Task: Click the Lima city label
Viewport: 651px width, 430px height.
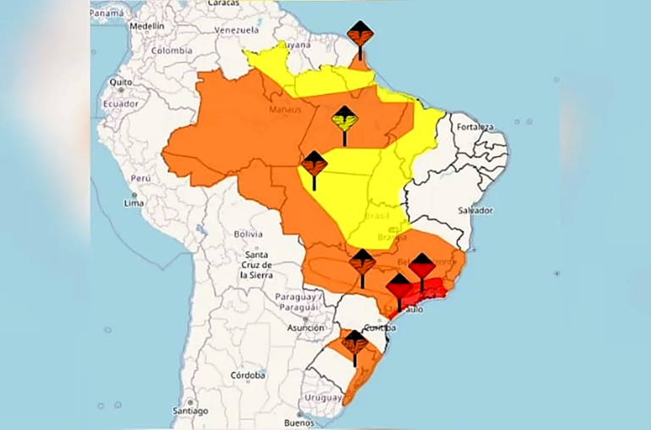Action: [x=134, y=204]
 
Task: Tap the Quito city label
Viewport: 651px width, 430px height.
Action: [x=120, y=82]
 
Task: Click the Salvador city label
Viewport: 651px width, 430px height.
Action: [x=476, y=209]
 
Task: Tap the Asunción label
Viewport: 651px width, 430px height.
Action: [x=306, y=327]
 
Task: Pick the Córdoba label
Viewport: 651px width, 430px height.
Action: [x=248, y=375]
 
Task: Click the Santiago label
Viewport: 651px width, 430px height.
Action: [x=190, y=410]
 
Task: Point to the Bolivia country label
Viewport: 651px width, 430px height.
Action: [x=250, y=233]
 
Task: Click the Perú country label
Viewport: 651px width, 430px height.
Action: [x=140, y=179]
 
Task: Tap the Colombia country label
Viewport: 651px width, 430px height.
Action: [x=171, y=51]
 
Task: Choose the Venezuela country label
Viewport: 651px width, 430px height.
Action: [x=236, y=31]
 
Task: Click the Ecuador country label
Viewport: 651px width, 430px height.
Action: [x=120, y=103]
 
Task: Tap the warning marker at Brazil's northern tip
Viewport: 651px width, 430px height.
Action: [x=360, y=35]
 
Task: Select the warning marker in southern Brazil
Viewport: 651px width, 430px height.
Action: [x=354, y=343]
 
